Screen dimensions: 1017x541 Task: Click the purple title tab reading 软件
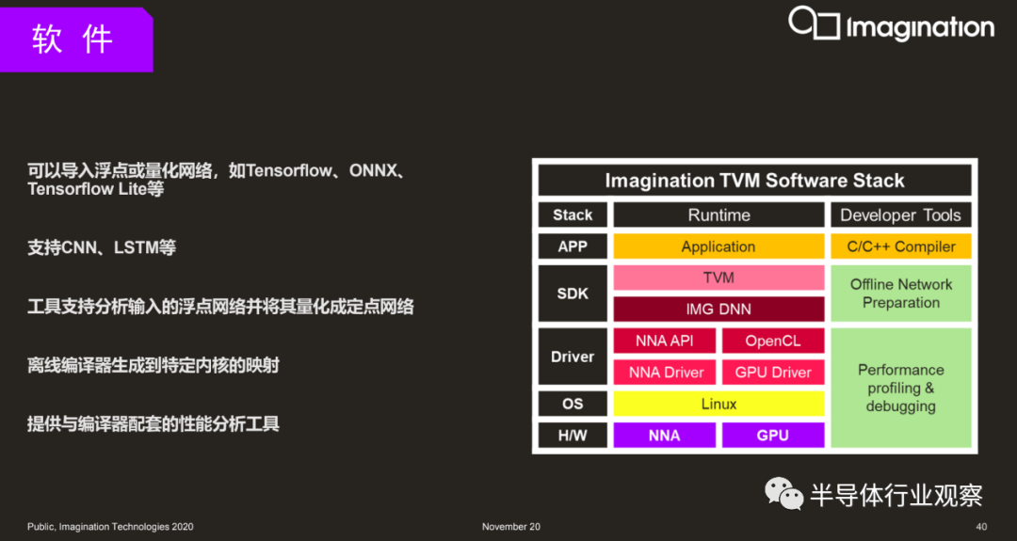[x=76, y=40]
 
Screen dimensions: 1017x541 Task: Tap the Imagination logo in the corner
[x=891, y=24]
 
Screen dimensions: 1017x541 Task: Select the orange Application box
[x=718, y=247]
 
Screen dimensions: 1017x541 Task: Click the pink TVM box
[x=718, y=278]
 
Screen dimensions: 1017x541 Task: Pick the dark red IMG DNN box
[x=718, y=309]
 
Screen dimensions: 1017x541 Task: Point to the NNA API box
[x=665, y=341]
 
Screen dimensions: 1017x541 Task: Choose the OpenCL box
[x=773, y=341]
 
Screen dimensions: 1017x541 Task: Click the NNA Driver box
[x=665, y=372]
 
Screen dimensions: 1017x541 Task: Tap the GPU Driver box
[x=773, y=372]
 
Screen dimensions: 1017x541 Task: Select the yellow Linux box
[x=718, y=404]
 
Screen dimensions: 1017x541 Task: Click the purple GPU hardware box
[x=773, y=436]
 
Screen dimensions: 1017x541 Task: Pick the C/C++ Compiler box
[x=901, y=247]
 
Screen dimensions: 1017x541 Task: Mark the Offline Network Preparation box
[x=901, y=294]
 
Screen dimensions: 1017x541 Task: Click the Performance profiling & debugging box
[x=901, y=388]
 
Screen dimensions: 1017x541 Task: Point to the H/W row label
[x=573, y=436]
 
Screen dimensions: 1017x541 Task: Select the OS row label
[x=573, y=404]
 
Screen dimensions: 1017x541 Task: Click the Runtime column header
[x=718, y=215]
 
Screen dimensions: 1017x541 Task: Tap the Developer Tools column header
[x=901, y=215]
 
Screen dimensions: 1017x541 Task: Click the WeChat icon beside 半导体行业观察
[x=784, y=494]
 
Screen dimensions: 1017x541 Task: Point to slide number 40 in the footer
[x=981, y=527]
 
